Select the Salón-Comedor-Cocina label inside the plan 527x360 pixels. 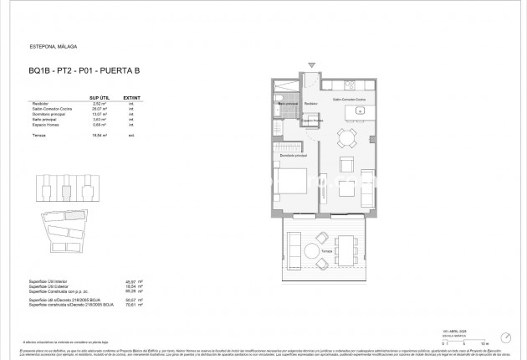(350, 99)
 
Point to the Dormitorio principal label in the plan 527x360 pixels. (294, 156)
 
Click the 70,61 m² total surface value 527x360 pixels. (130, 304)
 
